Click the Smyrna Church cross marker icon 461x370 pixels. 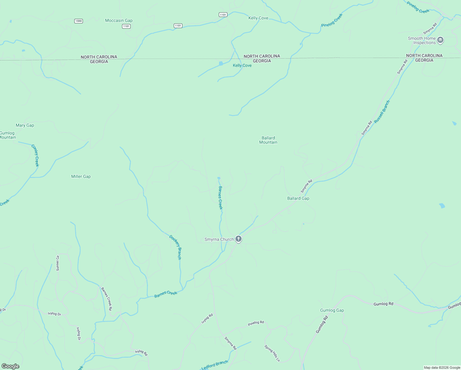tap(238, 239)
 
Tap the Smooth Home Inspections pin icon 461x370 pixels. tap(440, 40)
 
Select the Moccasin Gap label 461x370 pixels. tap(119, 21)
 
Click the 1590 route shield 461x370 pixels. tap(79, 21)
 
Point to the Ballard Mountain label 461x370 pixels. tap(268, 140)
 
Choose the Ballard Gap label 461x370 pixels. tap(298, 198)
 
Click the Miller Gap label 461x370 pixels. tap(81, 176)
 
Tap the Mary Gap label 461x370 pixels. tap(25, 125)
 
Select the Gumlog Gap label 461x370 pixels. tap(332, 310)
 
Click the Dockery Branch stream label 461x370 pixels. tap(175, 247)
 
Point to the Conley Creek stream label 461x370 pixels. tap(35, 155)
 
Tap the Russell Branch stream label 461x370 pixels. tap(382, 112)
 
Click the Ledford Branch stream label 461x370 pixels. tap(215, 365)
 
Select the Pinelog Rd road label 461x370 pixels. tap(256, 323)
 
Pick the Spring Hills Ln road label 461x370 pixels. tap(272, 353)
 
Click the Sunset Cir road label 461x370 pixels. tap(58, 263)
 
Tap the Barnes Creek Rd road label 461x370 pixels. tap(107, 298)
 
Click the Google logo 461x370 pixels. tap(10, 366)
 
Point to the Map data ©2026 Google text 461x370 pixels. tap(442, 368)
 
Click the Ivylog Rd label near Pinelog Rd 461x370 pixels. tap(207, 319)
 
